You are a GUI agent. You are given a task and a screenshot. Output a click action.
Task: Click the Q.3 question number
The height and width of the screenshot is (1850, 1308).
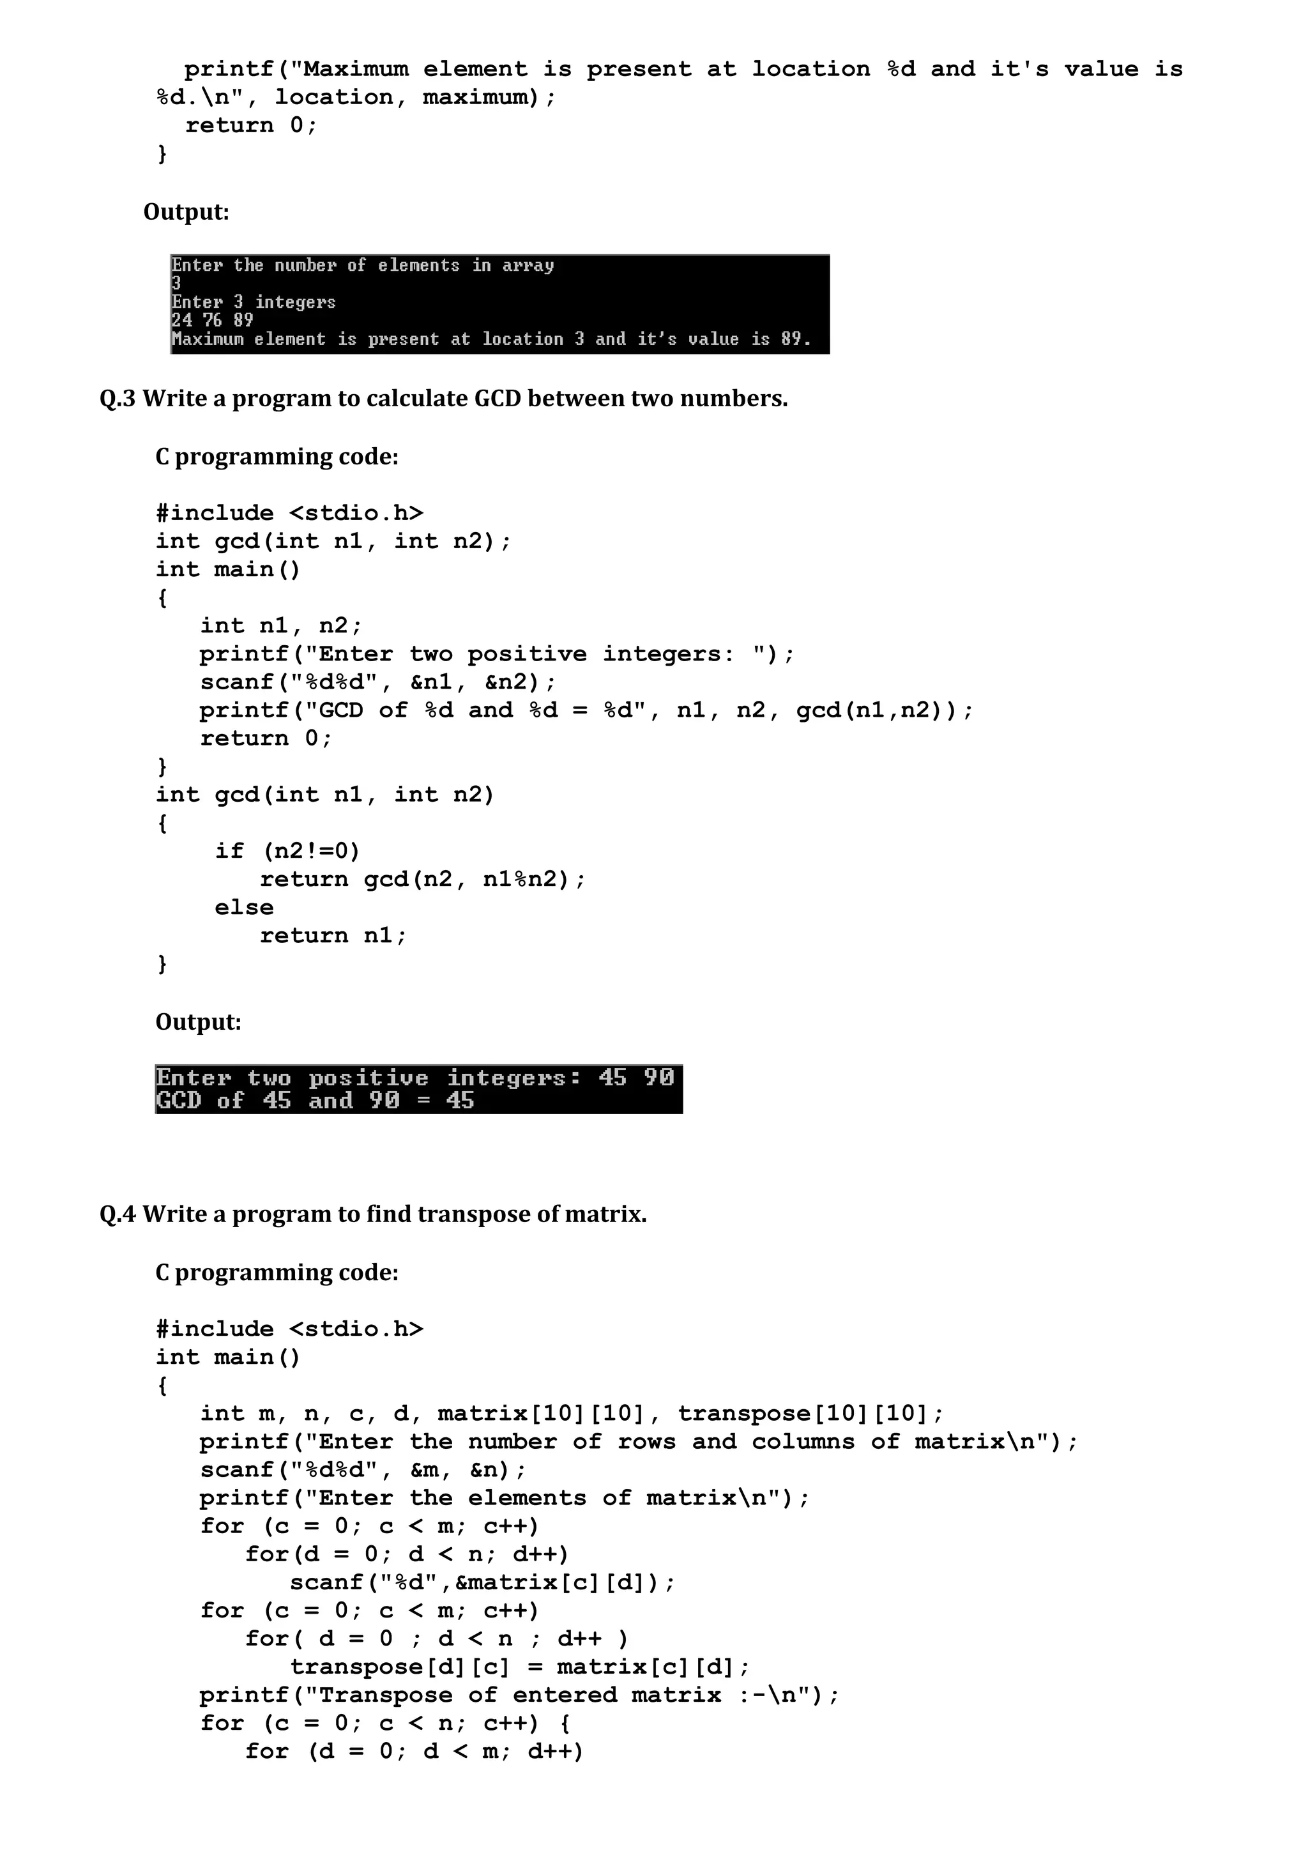point(118,399)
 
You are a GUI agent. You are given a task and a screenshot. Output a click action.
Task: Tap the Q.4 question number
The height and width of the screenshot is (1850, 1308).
point(118,1214)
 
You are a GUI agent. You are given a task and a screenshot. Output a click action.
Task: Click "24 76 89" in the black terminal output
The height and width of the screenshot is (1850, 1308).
point(212,321)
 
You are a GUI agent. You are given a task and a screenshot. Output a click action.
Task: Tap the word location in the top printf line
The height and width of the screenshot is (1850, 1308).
point(810,69)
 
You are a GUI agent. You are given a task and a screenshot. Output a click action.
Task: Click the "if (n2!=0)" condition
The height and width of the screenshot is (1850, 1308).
point(287,852)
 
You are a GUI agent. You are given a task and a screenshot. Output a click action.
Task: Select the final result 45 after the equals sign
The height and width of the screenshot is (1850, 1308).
point(460,1101)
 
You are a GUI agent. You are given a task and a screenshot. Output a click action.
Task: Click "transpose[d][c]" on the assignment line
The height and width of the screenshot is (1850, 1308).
point(400,1667)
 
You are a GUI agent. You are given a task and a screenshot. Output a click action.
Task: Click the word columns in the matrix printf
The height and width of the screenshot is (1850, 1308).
point(803,1442)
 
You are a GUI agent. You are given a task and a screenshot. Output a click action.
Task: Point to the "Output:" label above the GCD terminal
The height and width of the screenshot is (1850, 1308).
point(198,1023)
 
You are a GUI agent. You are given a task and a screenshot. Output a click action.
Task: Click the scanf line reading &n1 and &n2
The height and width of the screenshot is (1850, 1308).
point(377,682)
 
